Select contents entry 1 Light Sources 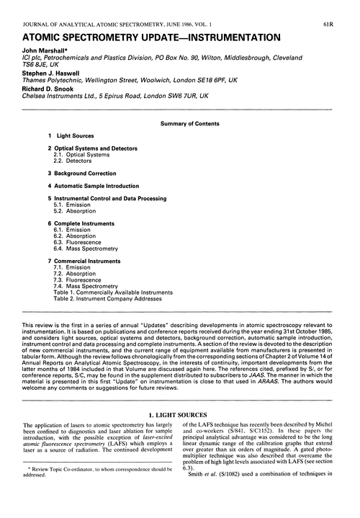(x=70, y=136)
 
